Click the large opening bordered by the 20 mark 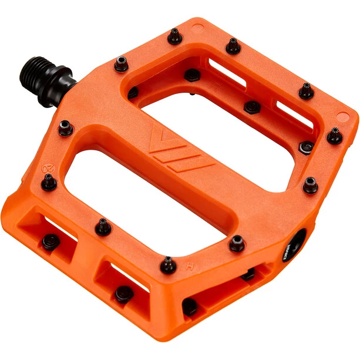[112, 188]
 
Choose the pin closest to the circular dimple [176, 37]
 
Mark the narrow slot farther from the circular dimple [293, 114]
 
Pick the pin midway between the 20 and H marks [103, 226]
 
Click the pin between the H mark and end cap [237, 243]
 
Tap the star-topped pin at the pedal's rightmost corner [334, 136]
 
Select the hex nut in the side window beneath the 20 [51, 241]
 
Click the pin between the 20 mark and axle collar [65, 127]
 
